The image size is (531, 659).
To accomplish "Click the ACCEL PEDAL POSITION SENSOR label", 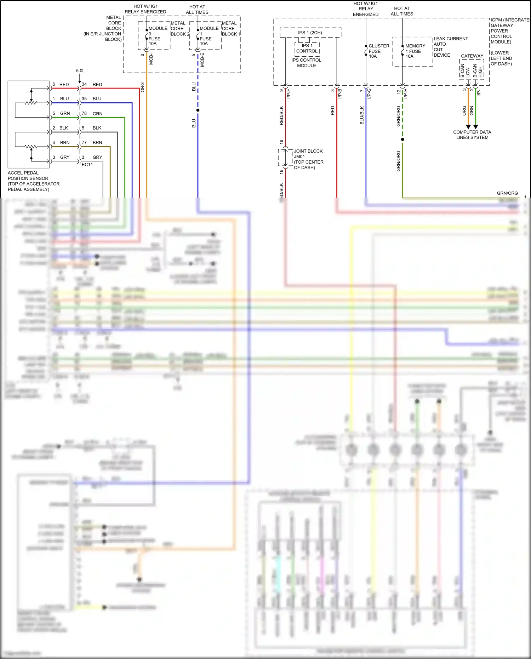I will pyautogui.click(x=33, y=181).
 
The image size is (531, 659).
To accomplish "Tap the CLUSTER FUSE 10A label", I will pyautogui.click(x=378, y=51).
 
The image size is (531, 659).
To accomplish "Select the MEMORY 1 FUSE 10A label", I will pyautogui.click(x=415, y=51).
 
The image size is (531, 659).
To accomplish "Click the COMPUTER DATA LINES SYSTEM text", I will pyautogui.click(x=472, y=135).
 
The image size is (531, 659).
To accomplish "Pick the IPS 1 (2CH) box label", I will pyautogui.click(x=310, y=33).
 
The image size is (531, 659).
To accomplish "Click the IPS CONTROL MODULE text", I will pyautogui.click(x=306, y=63).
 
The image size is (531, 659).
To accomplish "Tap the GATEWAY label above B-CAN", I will pyautogui.click(x=472, y=56).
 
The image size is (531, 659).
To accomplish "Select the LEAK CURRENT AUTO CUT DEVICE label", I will pyautogui.click(x=450, y=47).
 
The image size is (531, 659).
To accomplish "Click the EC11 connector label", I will pyautogui.click(x=87, y=165).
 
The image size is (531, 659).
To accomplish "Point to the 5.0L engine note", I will pyautogui.click(x=80, y=71).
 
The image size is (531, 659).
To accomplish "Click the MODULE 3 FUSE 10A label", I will pyautogui.click(x=157, y=36).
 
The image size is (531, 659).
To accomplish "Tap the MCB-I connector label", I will pyautogui.click(x=151, y=58).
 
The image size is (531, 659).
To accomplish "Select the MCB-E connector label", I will pyautogui.click(x=202, y=59).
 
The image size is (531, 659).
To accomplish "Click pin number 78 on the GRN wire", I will pyautogui.click(x=84, y=113).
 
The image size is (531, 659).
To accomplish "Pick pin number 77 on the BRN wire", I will pyautogui.click(x=84, y=142).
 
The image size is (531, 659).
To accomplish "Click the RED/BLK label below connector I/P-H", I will pyautogui.click(x=282, y=115).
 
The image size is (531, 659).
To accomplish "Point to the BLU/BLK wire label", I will pyautogui.click(x=362, y=115).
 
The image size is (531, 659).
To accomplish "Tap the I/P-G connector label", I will pyautogui.click(x=369, y=93).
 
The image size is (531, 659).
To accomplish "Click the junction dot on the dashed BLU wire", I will pyautogui.click(x=198, y=110).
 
